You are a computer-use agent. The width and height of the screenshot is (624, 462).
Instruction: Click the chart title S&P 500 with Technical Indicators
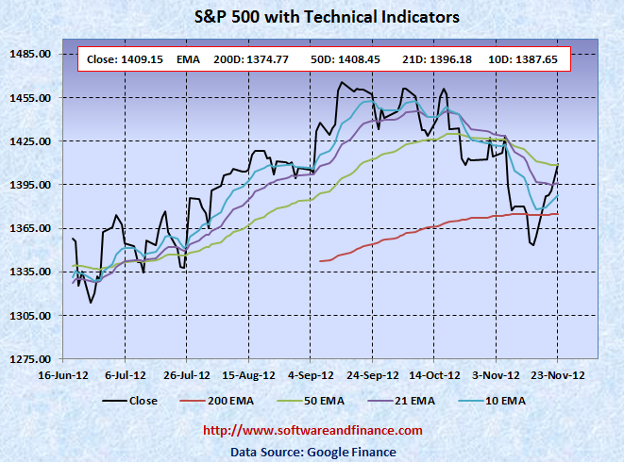click(x=312, y=17)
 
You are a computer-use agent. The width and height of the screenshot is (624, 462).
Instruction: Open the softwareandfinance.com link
click(x=313, y=431)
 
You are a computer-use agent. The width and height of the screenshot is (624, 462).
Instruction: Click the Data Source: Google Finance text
click(x=313, y=451)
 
